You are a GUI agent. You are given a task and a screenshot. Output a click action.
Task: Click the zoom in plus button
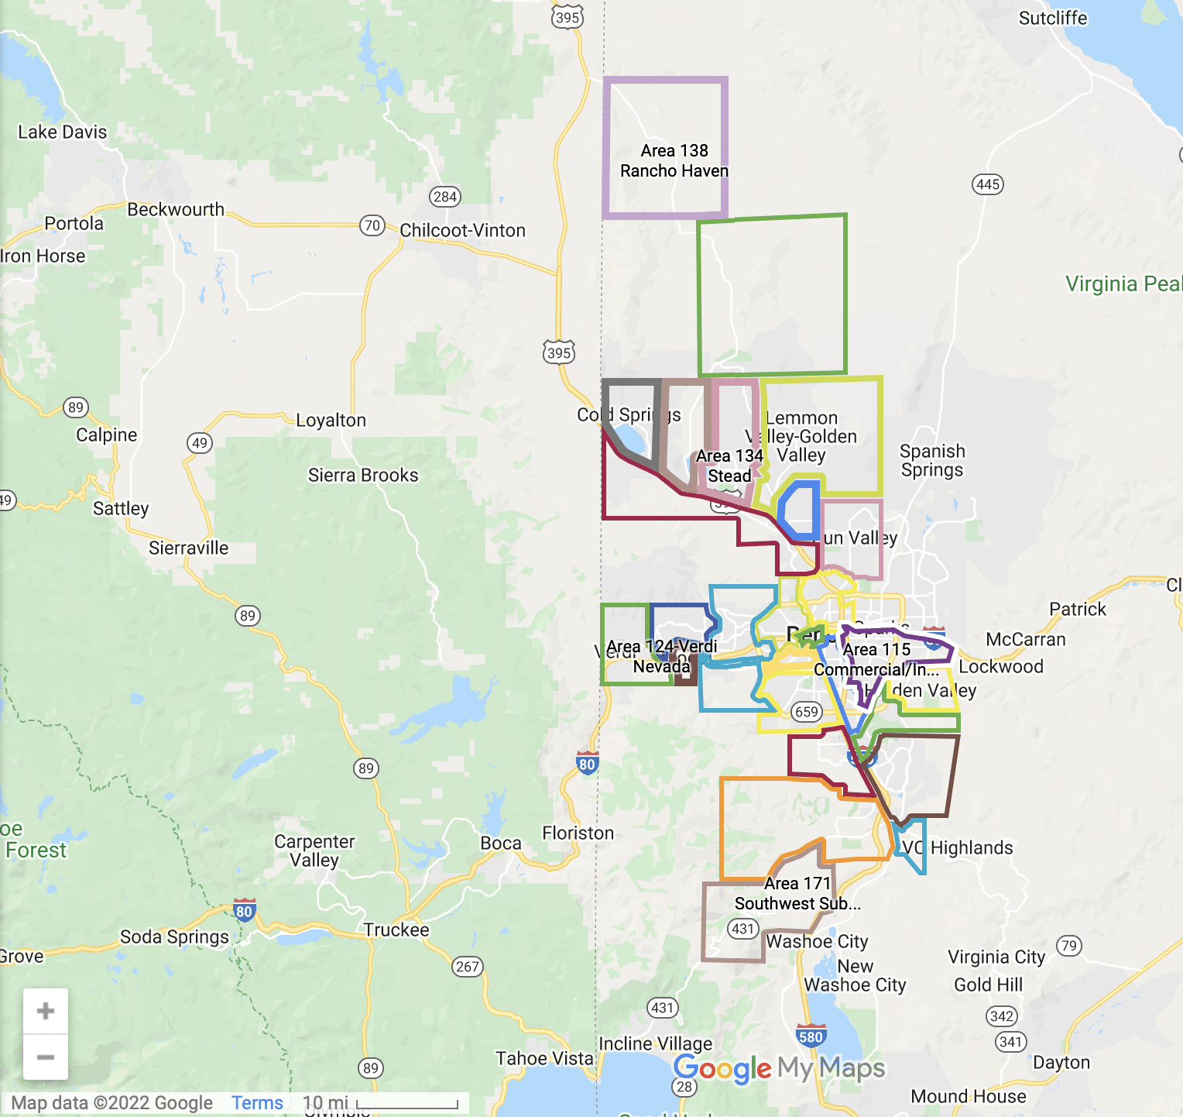pyautogui.click(x=46, y=1011)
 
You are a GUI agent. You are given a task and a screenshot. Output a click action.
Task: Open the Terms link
pyautogui.click(x=257, y=1102)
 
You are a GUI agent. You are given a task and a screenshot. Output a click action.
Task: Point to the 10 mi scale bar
pyautogui.click(x=406, y=1103)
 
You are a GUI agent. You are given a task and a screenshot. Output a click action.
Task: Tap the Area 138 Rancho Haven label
pyautogui.click(x=674, y=160)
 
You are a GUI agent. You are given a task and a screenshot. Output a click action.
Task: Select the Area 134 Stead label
pyautogui.click(x=729, y=466)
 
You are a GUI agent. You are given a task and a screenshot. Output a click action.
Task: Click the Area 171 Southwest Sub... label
pyautogui.click(x=797, y=893)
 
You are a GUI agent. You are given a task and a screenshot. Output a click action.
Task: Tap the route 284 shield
pyautogui.click(x=445, y=197)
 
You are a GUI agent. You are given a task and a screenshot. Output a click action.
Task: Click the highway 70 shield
pyautogui.click(x=372, y=225)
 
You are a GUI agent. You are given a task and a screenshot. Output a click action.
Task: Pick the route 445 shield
pyautogui.click(x=988, y=184)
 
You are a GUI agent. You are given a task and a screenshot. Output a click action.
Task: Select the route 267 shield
pyautogui.click(x=468, y=967)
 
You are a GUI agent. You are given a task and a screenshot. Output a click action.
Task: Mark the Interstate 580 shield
pyautogui.click(x=810, y=1036)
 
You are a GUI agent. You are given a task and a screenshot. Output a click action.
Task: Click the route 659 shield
pyautogui.click(x=807, y=712)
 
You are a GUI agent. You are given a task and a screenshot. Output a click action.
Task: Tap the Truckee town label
pyautogui.click(x=396, y=930)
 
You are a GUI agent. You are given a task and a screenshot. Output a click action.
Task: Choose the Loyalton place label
pyautogui.click(x=331, y=420)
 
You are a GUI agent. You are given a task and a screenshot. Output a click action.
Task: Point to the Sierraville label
pyautogui.click(x=188, y=548)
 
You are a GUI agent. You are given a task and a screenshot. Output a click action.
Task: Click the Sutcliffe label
pyautogui.click(x=1052, y=18)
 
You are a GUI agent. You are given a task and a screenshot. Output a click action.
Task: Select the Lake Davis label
pyautogui.click(x=62, y=132)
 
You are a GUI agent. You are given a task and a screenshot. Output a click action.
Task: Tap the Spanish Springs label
pyautogui.click(x=932, y=460)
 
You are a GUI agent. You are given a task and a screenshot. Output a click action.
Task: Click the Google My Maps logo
pyautogui.click(x=779, y=1069)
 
